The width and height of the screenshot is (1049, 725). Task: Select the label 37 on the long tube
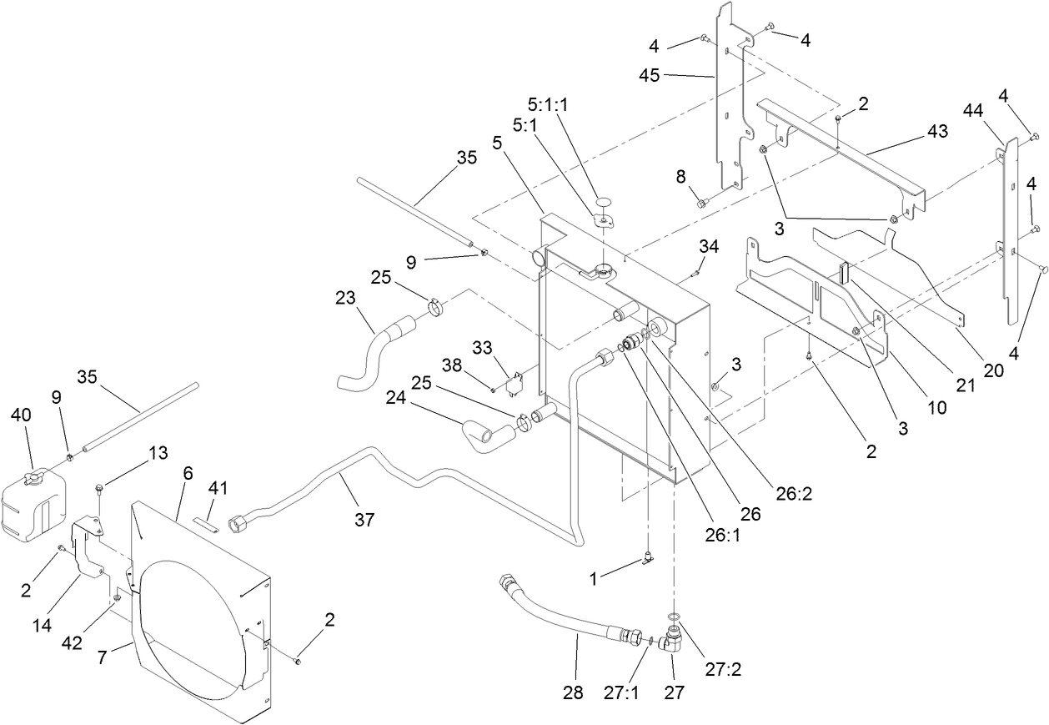[364, 521]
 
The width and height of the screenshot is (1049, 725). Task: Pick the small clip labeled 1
[647, 561]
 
